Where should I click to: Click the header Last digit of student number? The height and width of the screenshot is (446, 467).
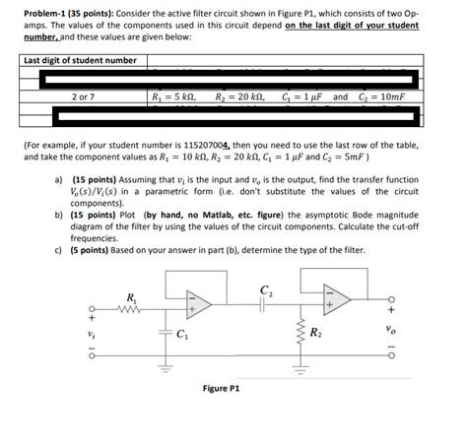[x=80, y=61]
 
